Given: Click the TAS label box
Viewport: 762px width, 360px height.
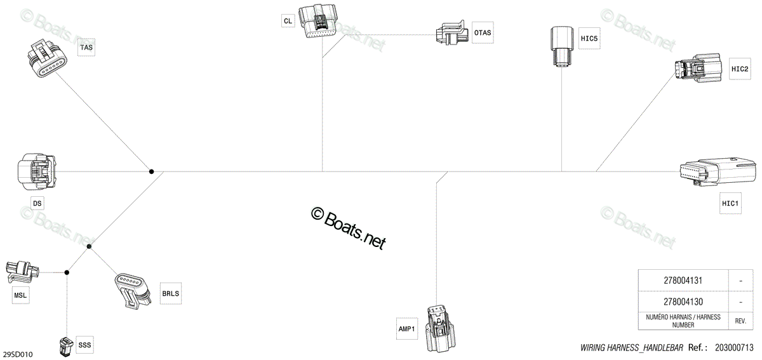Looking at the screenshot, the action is coord(86,47).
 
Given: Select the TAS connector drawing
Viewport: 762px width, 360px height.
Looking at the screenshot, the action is coord(47,58).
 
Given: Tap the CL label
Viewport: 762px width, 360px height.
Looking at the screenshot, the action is coord(288,21).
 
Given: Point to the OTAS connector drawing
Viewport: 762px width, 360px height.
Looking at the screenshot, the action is coord(451,32).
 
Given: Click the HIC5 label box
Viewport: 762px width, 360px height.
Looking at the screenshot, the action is coord(589,39).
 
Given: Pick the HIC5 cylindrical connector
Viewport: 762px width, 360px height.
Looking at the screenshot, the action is coord(561,46).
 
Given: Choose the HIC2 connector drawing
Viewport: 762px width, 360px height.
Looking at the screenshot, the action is coord(698,67).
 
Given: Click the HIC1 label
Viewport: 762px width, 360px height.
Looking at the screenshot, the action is coord(730,203).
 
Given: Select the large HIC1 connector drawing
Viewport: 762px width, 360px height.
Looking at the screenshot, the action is coord(716,171).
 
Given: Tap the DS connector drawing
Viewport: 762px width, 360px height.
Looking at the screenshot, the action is coord(37,171).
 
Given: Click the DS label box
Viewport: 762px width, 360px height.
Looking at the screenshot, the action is coord(37,203).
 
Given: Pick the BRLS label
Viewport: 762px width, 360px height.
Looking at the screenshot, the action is coord(170,293).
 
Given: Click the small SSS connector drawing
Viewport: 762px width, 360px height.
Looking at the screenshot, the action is coord(66,347).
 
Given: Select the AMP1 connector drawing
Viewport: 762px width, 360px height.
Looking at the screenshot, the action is coord(440,328).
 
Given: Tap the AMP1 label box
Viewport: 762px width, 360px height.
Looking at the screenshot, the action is coord(407,329).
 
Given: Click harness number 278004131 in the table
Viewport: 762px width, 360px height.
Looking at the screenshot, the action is coord(683,281).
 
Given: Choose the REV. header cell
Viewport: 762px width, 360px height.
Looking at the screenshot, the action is coord(740,321).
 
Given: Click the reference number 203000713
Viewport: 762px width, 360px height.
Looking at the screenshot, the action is coord(734,347).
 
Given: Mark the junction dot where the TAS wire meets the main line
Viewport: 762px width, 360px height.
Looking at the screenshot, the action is coord(151,171).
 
